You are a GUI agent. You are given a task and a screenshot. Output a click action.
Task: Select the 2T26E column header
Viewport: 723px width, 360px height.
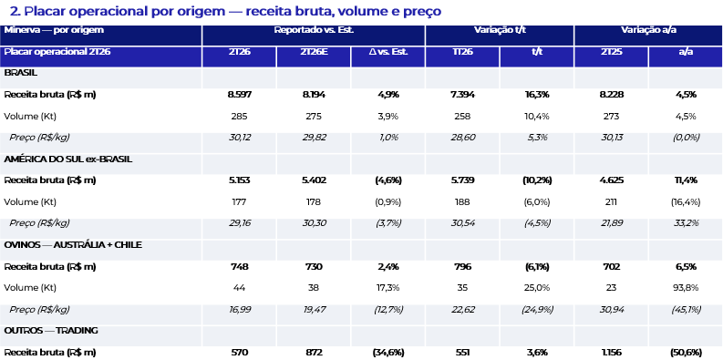(314, 52)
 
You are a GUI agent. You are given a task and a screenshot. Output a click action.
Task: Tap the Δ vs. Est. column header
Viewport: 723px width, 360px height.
(388, 52)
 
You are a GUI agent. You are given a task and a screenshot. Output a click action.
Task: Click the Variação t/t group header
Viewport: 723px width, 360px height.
(500, 30)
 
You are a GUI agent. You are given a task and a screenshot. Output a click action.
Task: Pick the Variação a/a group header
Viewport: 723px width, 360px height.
(648, 30)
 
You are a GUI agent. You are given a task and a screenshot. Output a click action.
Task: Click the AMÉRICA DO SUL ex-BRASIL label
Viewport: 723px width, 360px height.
(68, 159)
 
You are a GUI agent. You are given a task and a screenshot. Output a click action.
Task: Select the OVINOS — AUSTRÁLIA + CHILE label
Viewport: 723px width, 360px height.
(73, 245)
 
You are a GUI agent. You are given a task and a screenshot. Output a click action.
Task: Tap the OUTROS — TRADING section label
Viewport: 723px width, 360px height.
(51, 331)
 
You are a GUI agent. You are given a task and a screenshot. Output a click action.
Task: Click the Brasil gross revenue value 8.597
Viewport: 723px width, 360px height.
(239, 95)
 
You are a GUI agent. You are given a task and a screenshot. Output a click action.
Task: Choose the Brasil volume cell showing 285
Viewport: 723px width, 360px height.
(239, 116)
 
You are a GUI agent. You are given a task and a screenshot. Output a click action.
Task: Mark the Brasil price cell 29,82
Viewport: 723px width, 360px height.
(314, 138)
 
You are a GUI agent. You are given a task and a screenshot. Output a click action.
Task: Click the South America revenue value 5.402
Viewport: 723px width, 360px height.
(314, 180)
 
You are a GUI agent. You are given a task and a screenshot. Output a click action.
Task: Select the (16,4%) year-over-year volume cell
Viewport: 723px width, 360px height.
(686, 202)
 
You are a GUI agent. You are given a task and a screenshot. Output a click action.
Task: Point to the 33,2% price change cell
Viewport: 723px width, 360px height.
(686, 223)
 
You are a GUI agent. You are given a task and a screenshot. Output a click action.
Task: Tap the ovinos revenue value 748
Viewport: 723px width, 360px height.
(239, 266)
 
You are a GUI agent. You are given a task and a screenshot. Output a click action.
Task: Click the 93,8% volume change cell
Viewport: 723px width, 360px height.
(686, 288)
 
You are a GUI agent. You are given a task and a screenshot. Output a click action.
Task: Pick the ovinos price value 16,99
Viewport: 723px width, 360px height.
(239, 309)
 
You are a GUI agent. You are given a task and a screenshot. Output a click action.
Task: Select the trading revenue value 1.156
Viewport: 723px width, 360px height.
(611, 353)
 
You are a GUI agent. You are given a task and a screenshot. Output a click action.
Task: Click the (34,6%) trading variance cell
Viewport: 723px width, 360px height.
(388, 353)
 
